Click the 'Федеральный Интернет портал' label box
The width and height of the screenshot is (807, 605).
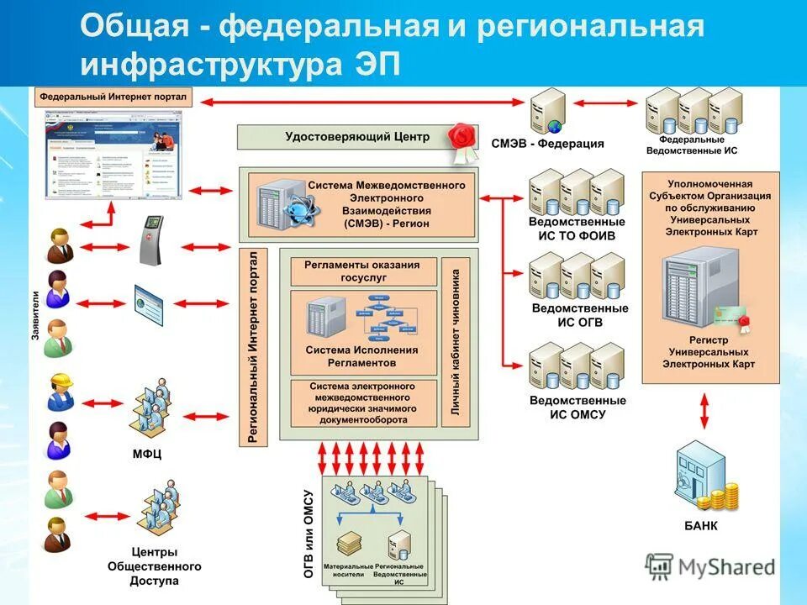pos(113,97)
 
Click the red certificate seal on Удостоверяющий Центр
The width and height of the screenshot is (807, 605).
pos(462,139)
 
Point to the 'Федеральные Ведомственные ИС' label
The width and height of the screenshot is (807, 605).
pos(692,145)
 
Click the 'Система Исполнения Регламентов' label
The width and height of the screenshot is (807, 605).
pos(361,355)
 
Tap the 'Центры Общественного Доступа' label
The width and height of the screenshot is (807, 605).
pos(154,566)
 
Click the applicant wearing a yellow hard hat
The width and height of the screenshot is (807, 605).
pos(61,392)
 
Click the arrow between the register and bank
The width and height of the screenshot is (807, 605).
pos(704,411)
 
